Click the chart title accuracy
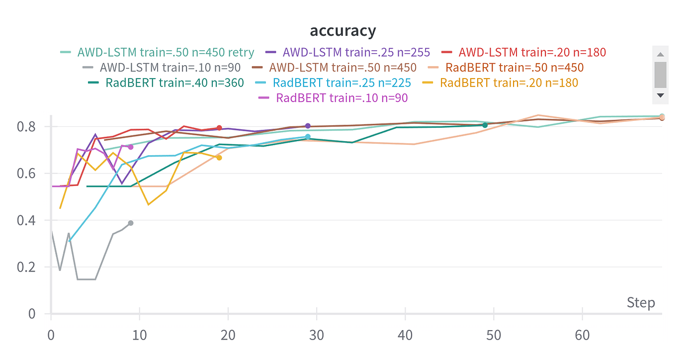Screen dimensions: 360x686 tap(343, 31)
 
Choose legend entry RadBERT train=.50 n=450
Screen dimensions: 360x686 tap(514, 67)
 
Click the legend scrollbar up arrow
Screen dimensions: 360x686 tap(660, 54)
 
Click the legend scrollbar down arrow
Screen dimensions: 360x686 tap(660, 95)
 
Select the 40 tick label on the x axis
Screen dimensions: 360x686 tap(405, 335)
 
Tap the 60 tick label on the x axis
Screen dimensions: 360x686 tap(582, 335)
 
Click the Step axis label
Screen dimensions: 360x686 tap(641, 303)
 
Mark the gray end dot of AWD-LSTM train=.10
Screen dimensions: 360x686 tap(130, 223)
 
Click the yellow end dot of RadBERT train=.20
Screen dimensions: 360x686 tap(219, 158)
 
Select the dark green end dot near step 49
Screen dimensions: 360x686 tap(485, 125)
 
